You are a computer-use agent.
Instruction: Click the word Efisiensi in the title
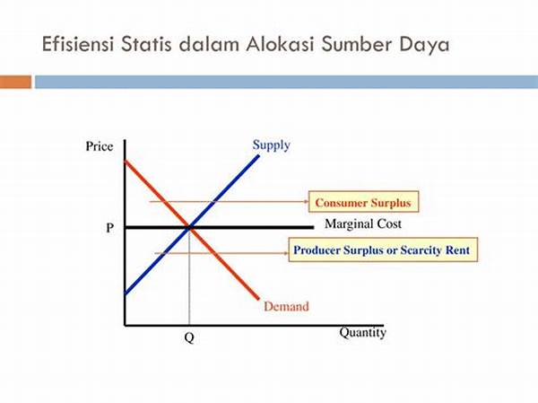[77, 44]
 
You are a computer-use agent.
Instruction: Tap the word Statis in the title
[146, 44]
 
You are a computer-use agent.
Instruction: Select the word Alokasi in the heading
[280, 44]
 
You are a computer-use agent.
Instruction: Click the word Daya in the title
[424, 46]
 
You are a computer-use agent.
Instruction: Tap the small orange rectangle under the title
[15, 82]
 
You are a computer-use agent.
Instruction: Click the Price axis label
[100, 146]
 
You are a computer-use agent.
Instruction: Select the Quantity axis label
[362, 333]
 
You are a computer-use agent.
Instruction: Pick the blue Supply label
[272, 145]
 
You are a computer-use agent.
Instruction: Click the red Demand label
[286, 306]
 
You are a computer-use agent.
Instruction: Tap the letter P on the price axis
[109, 227]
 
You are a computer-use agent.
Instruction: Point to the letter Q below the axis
[189, 337]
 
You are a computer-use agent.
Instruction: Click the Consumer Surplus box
[364, 202]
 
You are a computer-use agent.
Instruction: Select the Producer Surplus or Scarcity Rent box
[383, 250]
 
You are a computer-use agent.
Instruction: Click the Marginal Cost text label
[363, 224]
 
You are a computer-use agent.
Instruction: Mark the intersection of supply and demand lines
[189, 227]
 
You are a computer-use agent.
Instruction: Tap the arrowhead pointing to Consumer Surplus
[307, 201]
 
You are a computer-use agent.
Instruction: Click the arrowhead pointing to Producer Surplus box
[286, 253]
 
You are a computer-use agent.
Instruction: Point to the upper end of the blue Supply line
[258, 156]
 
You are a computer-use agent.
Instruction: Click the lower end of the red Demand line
[258, 299]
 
